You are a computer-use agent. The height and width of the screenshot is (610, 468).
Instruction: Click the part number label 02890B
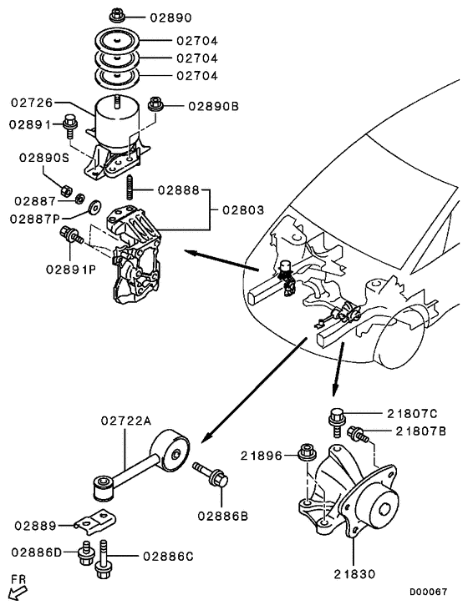[x=213, y=106]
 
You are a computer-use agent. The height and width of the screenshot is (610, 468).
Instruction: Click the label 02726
[x=32, y=103]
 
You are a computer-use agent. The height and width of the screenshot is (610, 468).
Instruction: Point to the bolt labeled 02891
[x=72, y=126]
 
